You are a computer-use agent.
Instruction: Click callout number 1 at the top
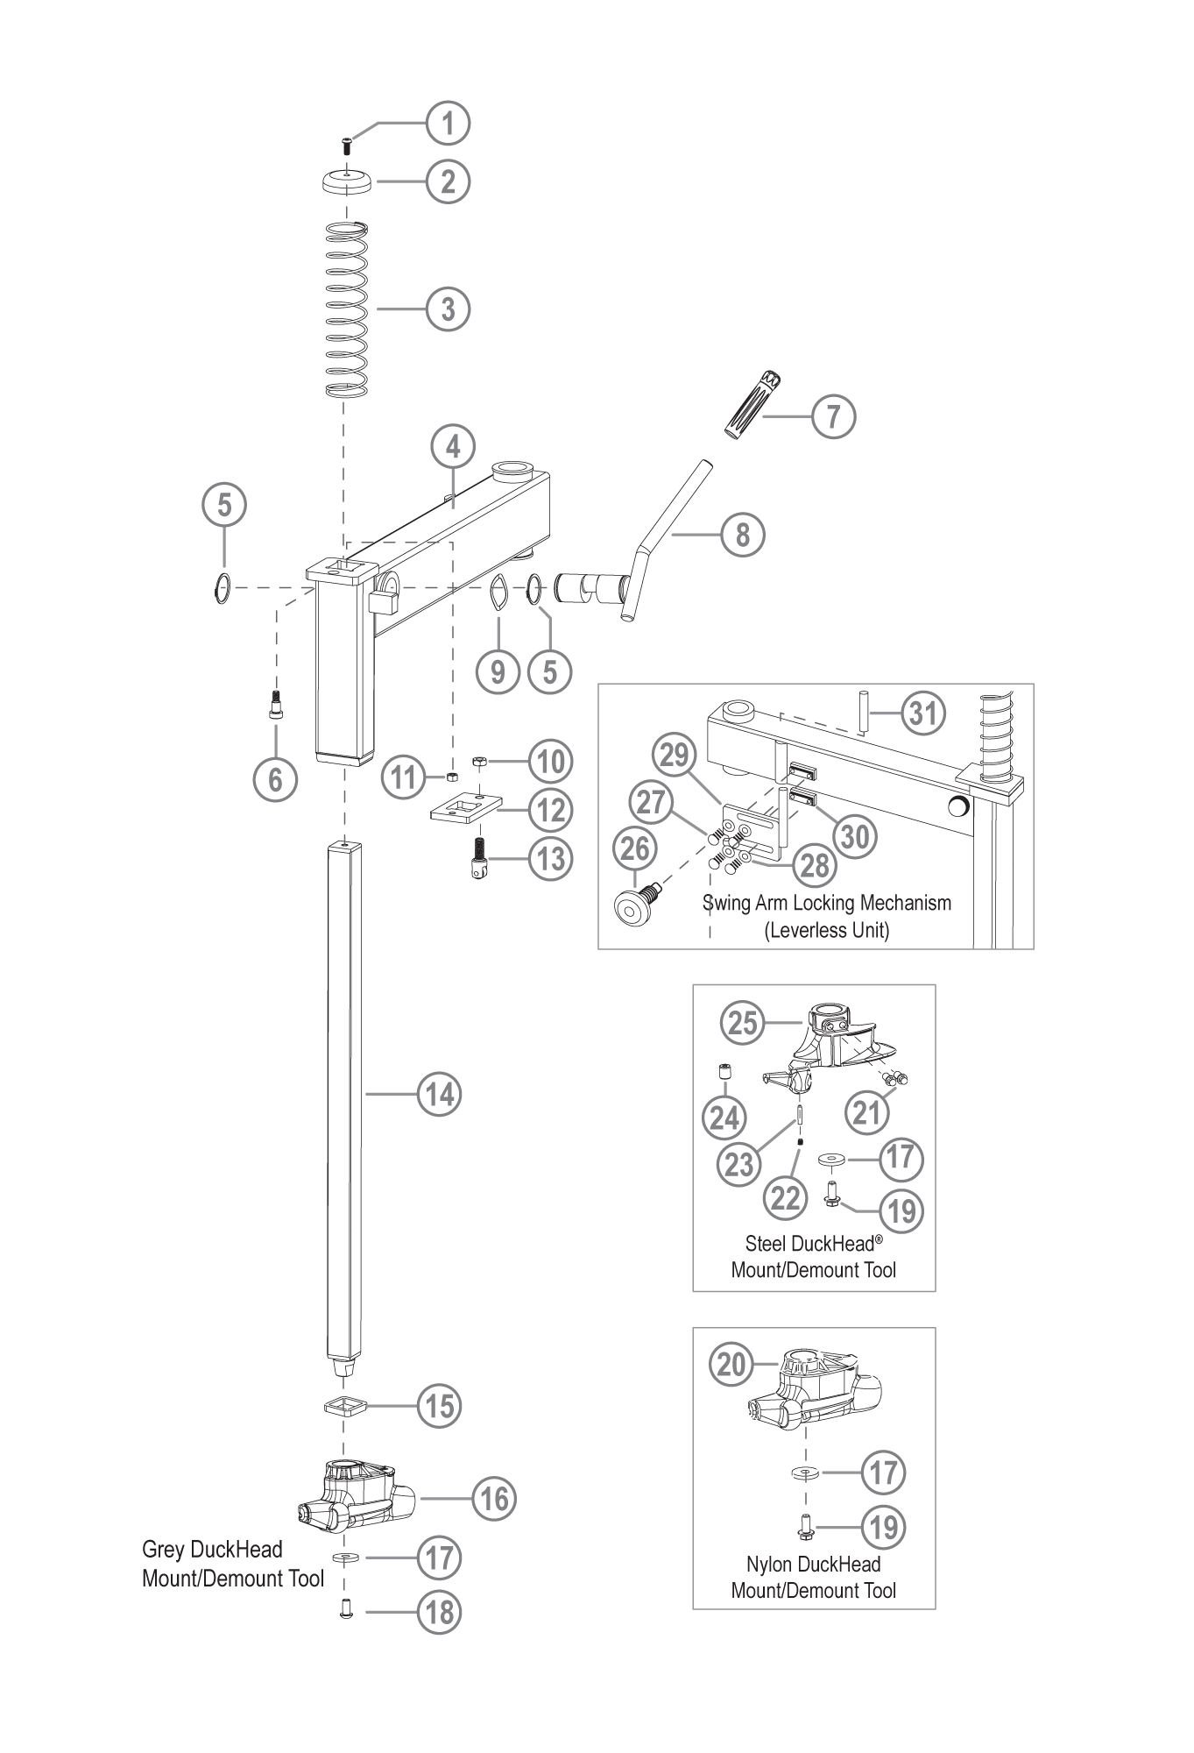click(448, 124)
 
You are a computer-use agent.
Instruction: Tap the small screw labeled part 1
click(347, 145)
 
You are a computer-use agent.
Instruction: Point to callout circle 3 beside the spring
click(448, 309)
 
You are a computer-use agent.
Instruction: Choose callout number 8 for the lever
click(742, 534)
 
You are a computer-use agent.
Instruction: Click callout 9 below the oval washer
click(498, 671)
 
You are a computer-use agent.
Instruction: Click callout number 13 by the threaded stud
click(551, 859)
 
